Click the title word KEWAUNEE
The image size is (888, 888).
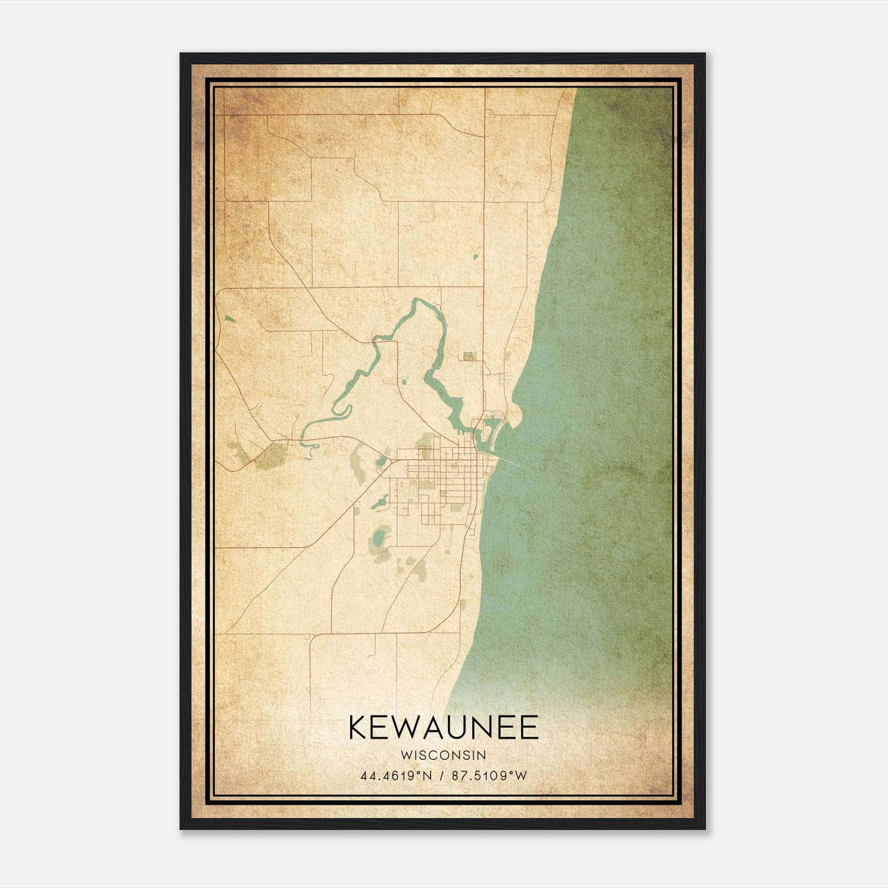click(x=443, y=728)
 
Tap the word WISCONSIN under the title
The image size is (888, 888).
click(x=443, y=755)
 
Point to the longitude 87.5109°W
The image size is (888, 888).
click(x=490, y=776)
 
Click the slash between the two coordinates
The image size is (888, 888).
click(x=443, y=776)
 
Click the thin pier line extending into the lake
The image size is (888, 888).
click(x=512, y=462)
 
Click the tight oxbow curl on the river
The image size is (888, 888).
click(x=343, y=411)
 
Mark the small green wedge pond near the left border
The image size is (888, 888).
click(x=229, y=319)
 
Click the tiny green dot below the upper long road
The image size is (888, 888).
click(x=476, y=257)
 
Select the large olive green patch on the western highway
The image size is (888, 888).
click(x=270, y=456)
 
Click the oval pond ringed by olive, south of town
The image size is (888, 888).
click(x=380, y=537)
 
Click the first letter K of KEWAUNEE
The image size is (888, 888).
click(x=358, y=728)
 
